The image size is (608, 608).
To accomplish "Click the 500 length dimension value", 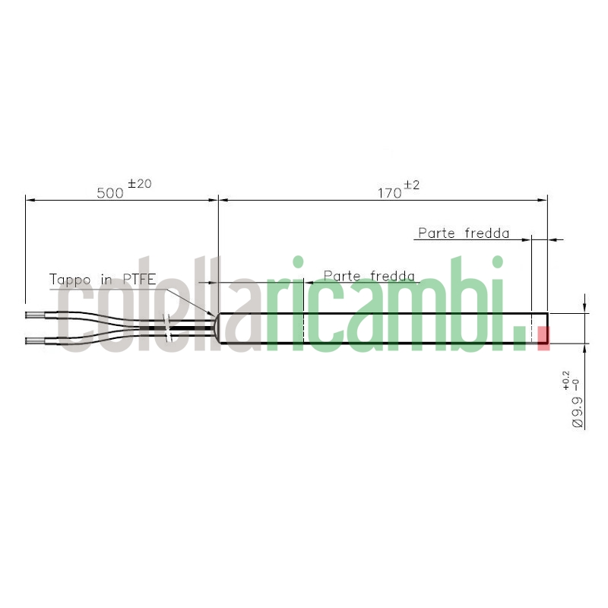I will (x=110, y=193).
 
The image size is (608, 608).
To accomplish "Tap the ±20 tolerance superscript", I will (x=140, y=183).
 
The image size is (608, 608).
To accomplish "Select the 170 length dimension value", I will (x=390, y=193).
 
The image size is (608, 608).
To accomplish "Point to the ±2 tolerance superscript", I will (x=412, y=184).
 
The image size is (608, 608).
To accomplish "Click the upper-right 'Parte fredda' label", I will (x=463, y=233).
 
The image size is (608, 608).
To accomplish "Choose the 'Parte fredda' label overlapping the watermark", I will (x=369, y=275).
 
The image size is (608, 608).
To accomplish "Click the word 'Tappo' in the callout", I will (x=69, y=280).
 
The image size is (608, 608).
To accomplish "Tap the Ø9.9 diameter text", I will (x=577, y=410).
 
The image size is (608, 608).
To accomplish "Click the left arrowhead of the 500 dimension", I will (x=30, y=200).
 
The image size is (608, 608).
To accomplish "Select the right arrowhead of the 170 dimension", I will (x=543, y=200).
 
